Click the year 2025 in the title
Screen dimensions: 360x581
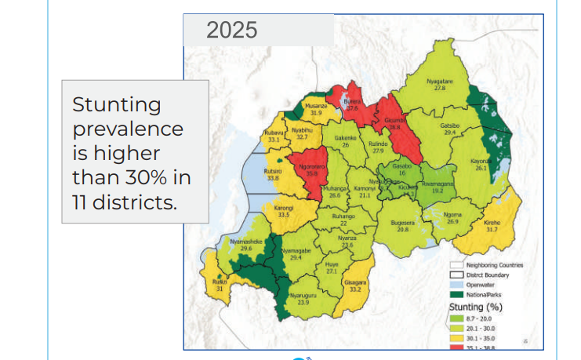231,31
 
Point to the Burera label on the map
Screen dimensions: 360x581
352,101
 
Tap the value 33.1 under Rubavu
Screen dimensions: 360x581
273,140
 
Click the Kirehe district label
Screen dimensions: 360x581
492,223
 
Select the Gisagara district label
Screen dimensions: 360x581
354,282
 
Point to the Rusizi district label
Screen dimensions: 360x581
220,282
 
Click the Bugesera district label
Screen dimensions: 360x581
403,224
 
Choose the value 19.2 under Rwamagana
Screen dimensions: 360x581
434,191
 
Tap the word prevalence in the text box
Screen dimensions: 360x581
127,129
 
